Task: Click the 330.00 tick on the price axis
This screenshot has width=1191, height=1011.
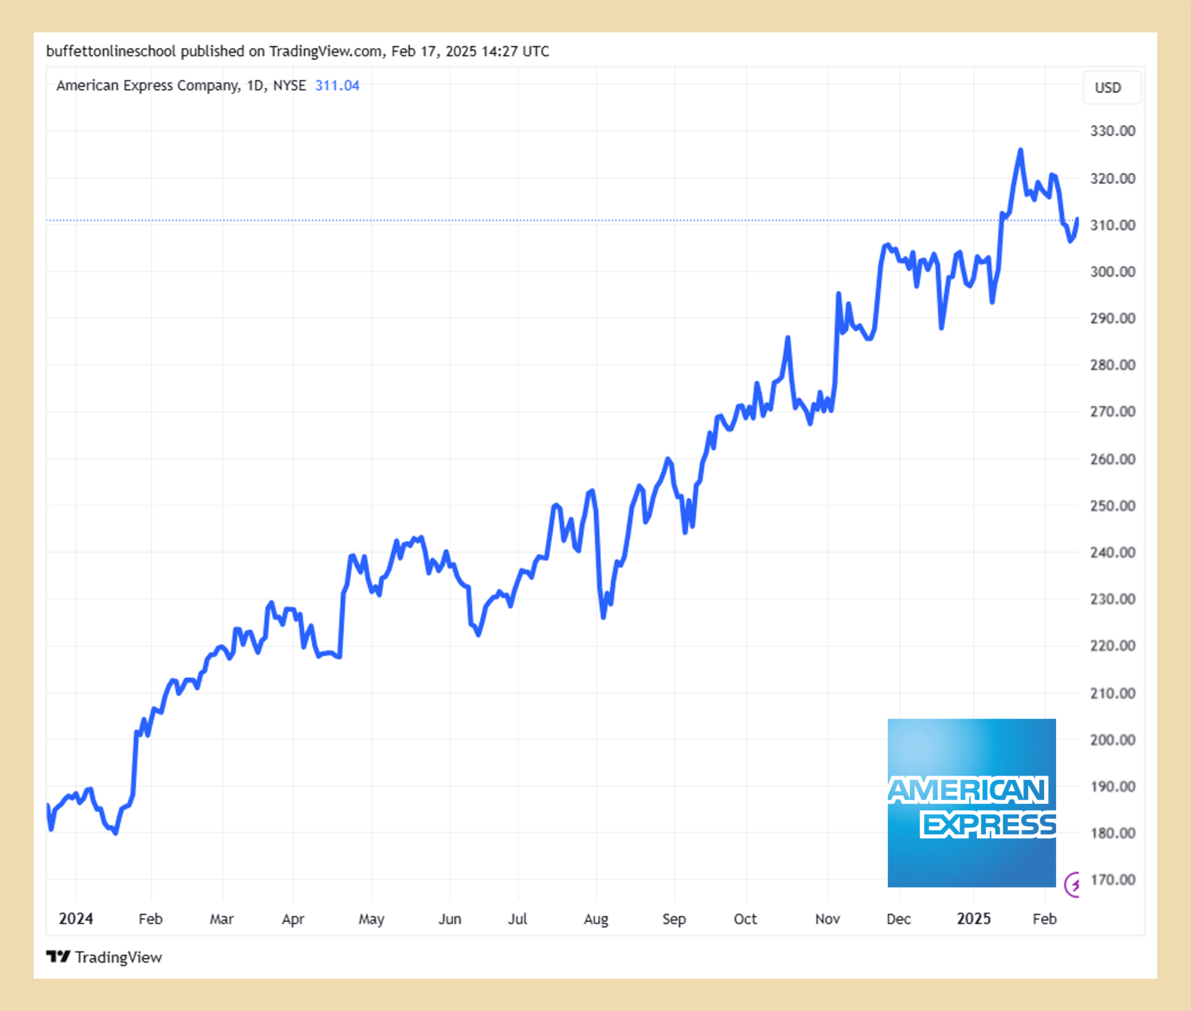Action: (x=1112, y=131)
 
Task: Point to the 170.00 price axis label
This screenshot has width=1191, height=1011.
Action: (x=1112, y=880)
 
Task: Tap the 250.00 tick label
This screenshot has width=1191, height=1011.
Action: (x=1112, y=506)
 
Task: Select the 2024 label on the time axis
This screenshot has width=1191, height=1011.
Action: (x=76, y=919)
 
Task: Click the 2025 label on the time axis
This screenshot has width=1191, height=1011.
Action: (x=974, y=919)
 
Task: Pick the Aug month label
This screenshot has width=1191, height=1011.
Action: (x=595, y=919)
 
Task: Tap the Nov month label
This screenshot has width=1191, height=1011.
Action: (x=827, y=919)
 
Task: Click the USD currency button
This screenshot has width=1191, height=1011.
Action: (x=1107, y=88)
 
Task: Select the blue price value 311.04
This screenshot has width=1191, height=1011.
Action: (x=337, y=85)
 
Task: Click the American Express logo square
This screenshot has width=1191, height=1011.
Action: (x=971, y=802)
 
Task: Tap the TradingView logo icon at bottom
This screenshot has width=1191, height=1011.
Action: (x=58, y=956)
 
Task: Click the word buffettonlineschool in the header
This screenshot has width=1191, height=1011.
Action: (x=110, y=51)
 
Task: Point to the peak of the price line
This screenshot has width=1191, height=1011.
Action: (x=1021, y=150)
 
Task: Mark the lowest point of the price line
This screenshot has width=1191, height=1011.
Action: (x=116, y=833)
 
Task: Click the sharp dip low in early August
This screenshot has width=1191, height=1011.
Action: (x=603, y=617)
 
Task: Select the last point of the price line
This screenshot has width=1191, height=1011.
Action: (x=1077, y=219)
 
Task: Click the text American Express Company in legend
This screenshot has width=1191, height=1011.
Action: (x=147, y=85)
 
